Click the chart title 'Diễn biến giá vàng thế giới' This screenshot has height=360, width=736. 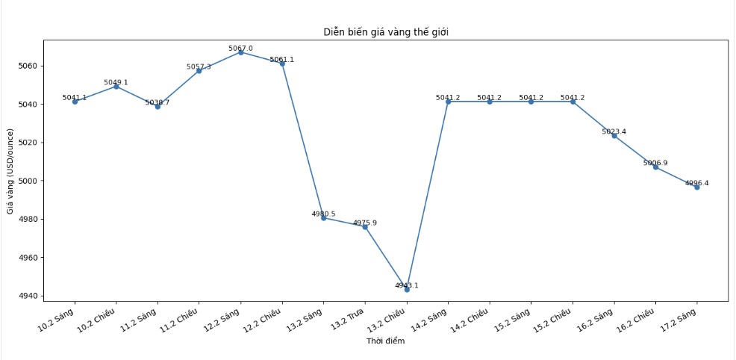pyautogui.click(x=386, y=31)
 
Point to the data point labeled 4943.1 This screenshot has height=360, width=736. pyautogui.click(x=407, y=289)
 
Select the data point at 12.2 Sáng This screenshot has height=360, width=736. pyautogui.click(x=240, y=52)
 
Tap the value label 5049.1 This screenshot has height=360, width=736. pyautogui.click(x=116, y=82)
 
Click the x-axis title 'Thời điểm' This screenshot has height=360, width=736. pyautogui.click(x=385, y=341)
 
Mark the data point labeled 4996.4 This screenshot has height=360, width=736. pyautogui.click(x=697, y=187)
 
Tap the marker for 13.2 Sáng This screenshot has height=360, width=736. pyautogui.click(x=323, y=218)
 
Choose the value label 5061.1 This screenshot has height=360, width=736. pyautogui.click(x=282, y=59)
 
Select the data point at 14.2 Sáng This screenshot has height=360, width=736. pyautogui.click(x=448, y=102)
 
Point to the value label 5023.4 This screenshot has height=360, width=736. pyautogui.click(x=614, y=131)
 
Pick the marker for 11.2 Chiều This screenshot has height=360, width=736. pyautogui.click(x=199, y=71)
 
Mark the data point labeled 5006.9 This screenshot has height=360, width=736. pyautogui.click(x=655, y=167)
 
